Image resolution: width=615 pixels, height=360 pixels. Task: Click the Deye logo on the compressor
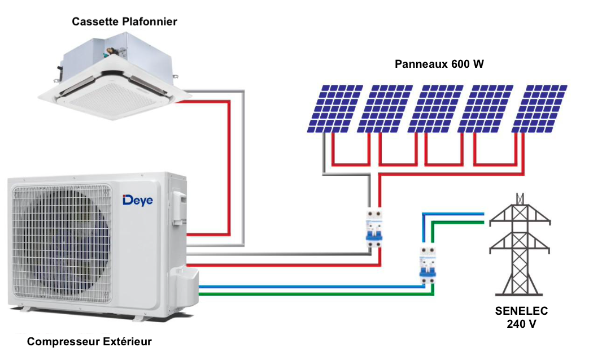click(x=137, y=200)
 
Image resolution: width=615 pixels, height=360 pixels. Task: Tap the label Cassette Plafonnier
click(x=125, y=21)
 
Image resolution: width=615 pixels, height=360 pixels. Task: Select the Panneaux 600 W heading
click(x=439, y=64)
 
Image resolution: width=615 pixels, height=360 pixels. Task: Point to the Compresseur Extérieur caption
click(x=90, y=341)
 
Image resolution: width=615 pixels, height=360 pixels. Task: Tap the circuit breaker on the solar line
click(x=373, y=228)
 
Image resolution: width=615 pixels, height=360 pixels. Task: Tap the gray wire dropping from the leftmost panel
click(x=324, y=155)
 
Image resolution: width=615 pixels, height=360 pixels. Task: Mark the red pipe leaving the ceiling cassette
click(x=229, y=170)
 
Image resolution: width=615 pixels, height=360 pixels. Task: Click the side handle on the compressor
click(x=180, y=207)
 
